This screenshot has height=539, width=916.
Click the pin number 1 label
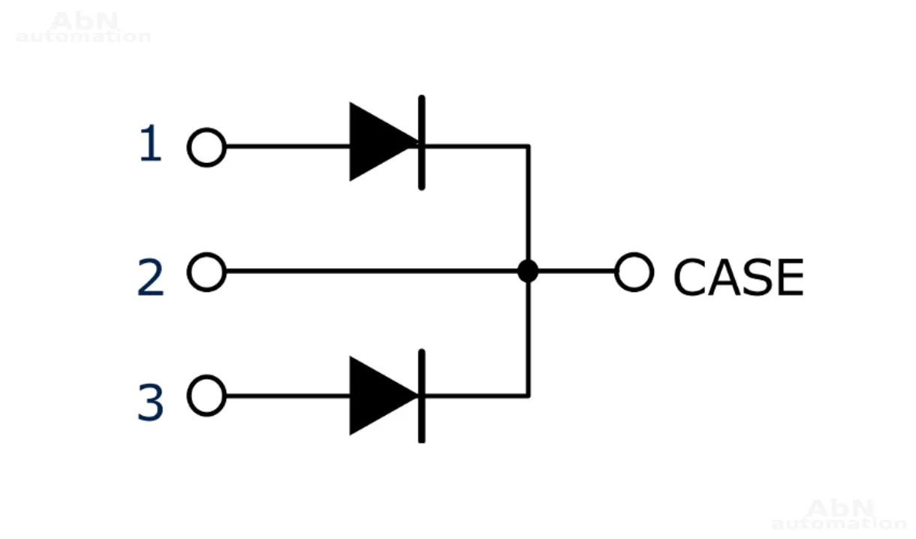click(x=151, y=145)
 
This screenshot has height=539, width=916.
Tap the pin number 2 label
click(x=151, y=277)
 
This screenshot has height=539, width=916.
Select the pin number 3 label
click(x=151, y=402)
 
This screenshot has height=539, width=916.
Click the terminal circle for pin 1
click(x=206, y=147)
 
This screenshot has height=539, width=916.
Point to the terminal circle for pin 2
click(x=206, y=272)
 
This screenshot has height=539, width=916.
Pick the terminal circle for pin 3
click(x=206, y=396)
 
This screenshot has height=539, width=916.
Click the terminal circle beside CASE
click(x=634, y=272)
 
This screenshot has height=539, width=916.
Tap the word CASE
click(x=738, y=277)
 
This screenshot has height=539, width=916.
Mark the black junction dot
click(x=529, y=271)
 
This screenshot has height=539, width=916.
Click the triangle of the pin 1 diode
click(x=379, y=142)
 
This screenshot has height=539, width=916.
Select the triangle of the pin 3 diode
click(x=379, y=396)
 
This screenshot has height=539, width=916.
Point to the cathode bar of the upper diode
click(x=421, y=142)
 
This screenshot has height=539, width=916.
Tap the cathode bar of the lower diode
click(x=421, y=396)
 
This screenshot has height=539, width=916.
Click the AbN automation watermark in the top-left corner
click(x=83, y=29)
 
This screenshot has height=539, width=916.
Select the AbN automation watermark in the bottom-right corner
click(x=839, y=515)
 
